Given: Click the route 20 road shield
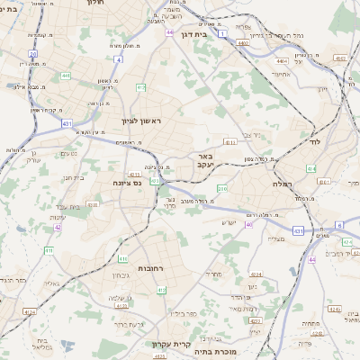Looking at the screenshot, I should [x=32, y=54].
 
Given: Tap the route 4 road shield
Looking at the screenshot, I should [x=118, y=59].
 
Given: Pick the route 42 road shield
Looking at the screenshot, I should [x=58, y=228].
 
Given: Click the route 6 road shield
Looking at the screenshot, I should [x=339, y=224].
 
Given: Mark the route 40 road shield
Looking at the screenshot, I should [x=248, y=224].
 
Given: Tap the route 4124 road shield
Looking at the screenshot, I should [x=30, y=312].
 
